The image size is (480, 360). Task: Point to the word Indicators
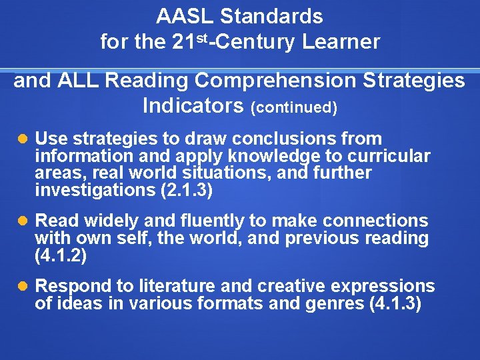click(x=193, y=105)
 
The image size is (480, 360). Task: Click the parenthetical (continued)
click(x=294, y=107)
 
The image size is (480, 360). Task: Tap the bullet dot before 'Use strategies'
click(x=23, y=139)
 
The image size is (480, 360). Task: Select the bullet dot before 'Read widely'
click(x=23, y=221)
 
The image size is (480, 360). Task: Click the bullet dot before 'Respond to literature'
click(x=23, y=287)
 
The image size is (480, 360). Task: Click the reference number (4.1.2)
click(x=61, y=255)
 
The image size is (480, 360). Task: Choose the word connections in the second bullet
click(x=378, y=221)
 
